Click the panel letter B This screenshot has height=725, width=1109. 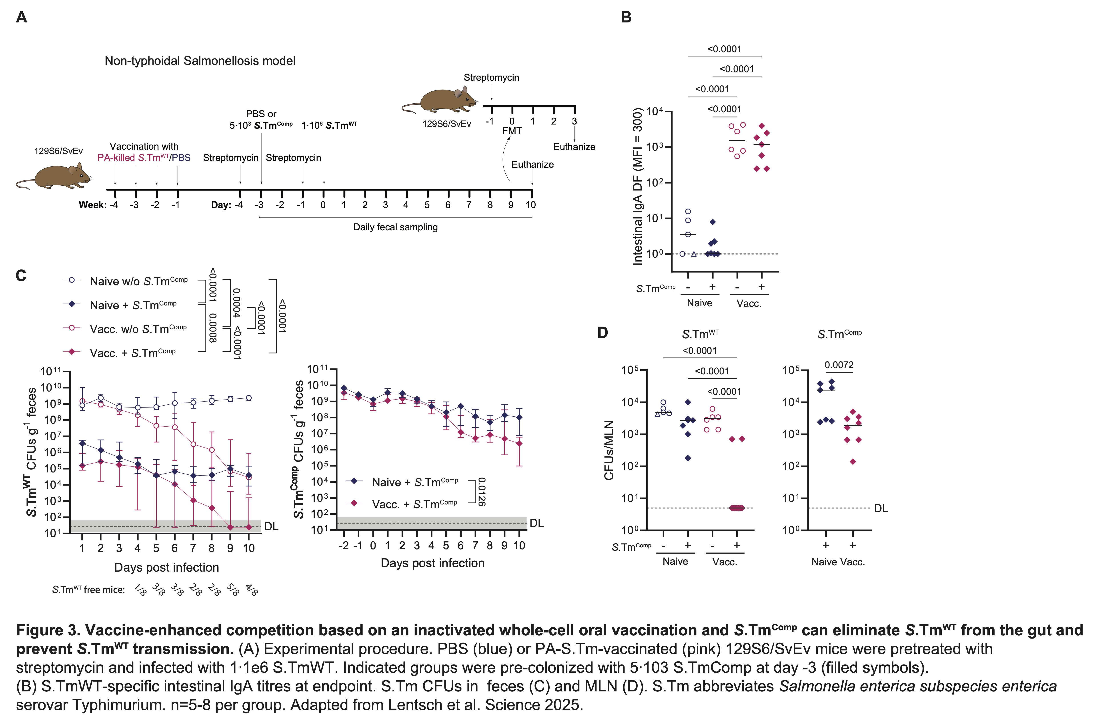tap(626, 17)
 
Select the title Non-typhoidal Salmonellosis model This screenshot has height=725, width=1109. tap(200, 61)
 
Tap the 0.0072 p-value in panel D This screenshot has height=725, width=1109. tap(839, 365)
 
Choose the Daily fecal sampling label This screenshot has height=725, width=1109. tap(395, 227)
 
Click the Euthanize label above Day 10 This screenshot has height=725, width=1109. tap(532, 165)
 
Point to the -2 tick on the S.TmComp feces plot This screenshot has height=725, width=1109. tap(344, 546)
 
